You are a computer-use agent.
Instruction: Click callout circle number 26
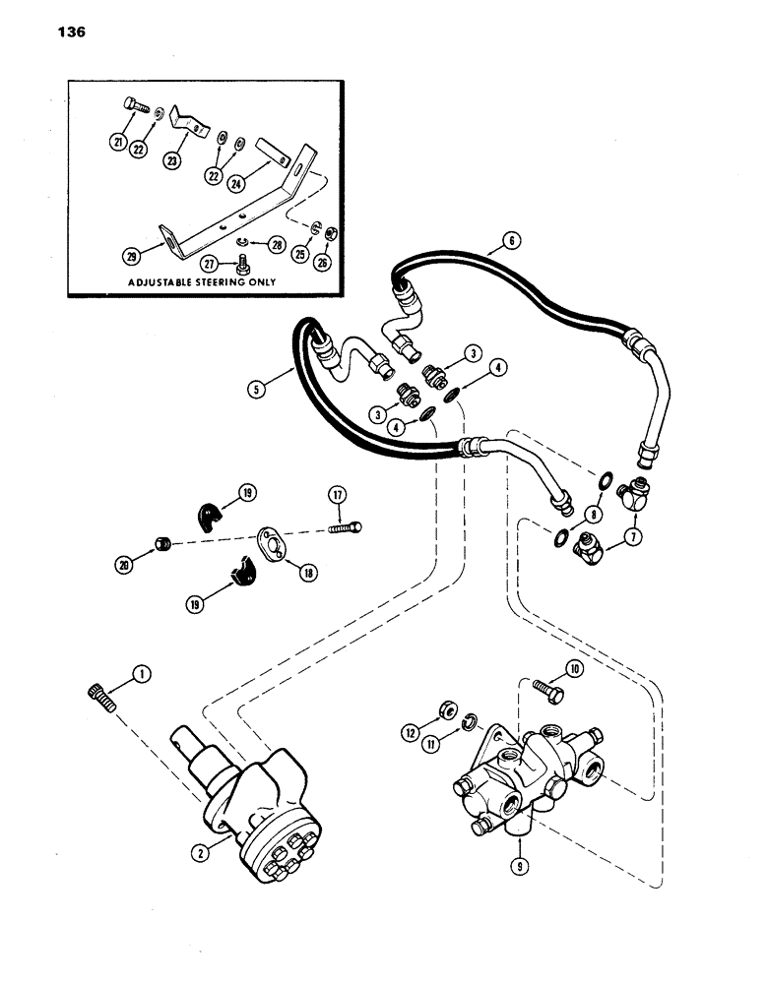click(x=321, y=262)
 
